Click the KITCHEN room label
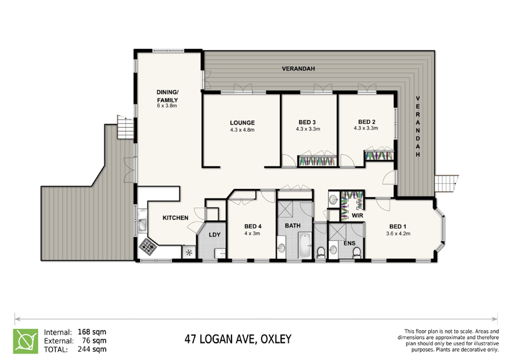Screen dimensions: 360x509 pos(175,218)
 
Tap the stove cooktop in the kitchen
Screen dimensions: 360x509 pos(149,246)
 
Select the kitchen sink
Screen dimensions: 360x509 pos(143,223)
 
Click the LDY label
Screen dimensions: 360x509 pos(214,236)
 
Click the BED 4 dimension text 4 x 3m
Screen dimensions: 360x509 pos(253,233)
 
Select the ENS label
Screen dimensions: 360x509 pos(349,243)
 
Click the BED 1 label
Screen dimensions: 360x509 pos(399,226)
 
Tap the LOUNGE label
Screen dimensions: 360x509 pos(242,123)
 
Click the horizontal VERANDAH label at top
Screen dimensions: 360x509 pos(299,69)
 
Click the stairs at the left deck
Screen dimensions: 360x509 pos(126,127)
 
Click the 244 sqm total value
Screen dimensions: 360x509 pos(92,349)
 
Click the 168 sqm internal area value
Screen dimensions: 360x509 pos(92,331)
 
